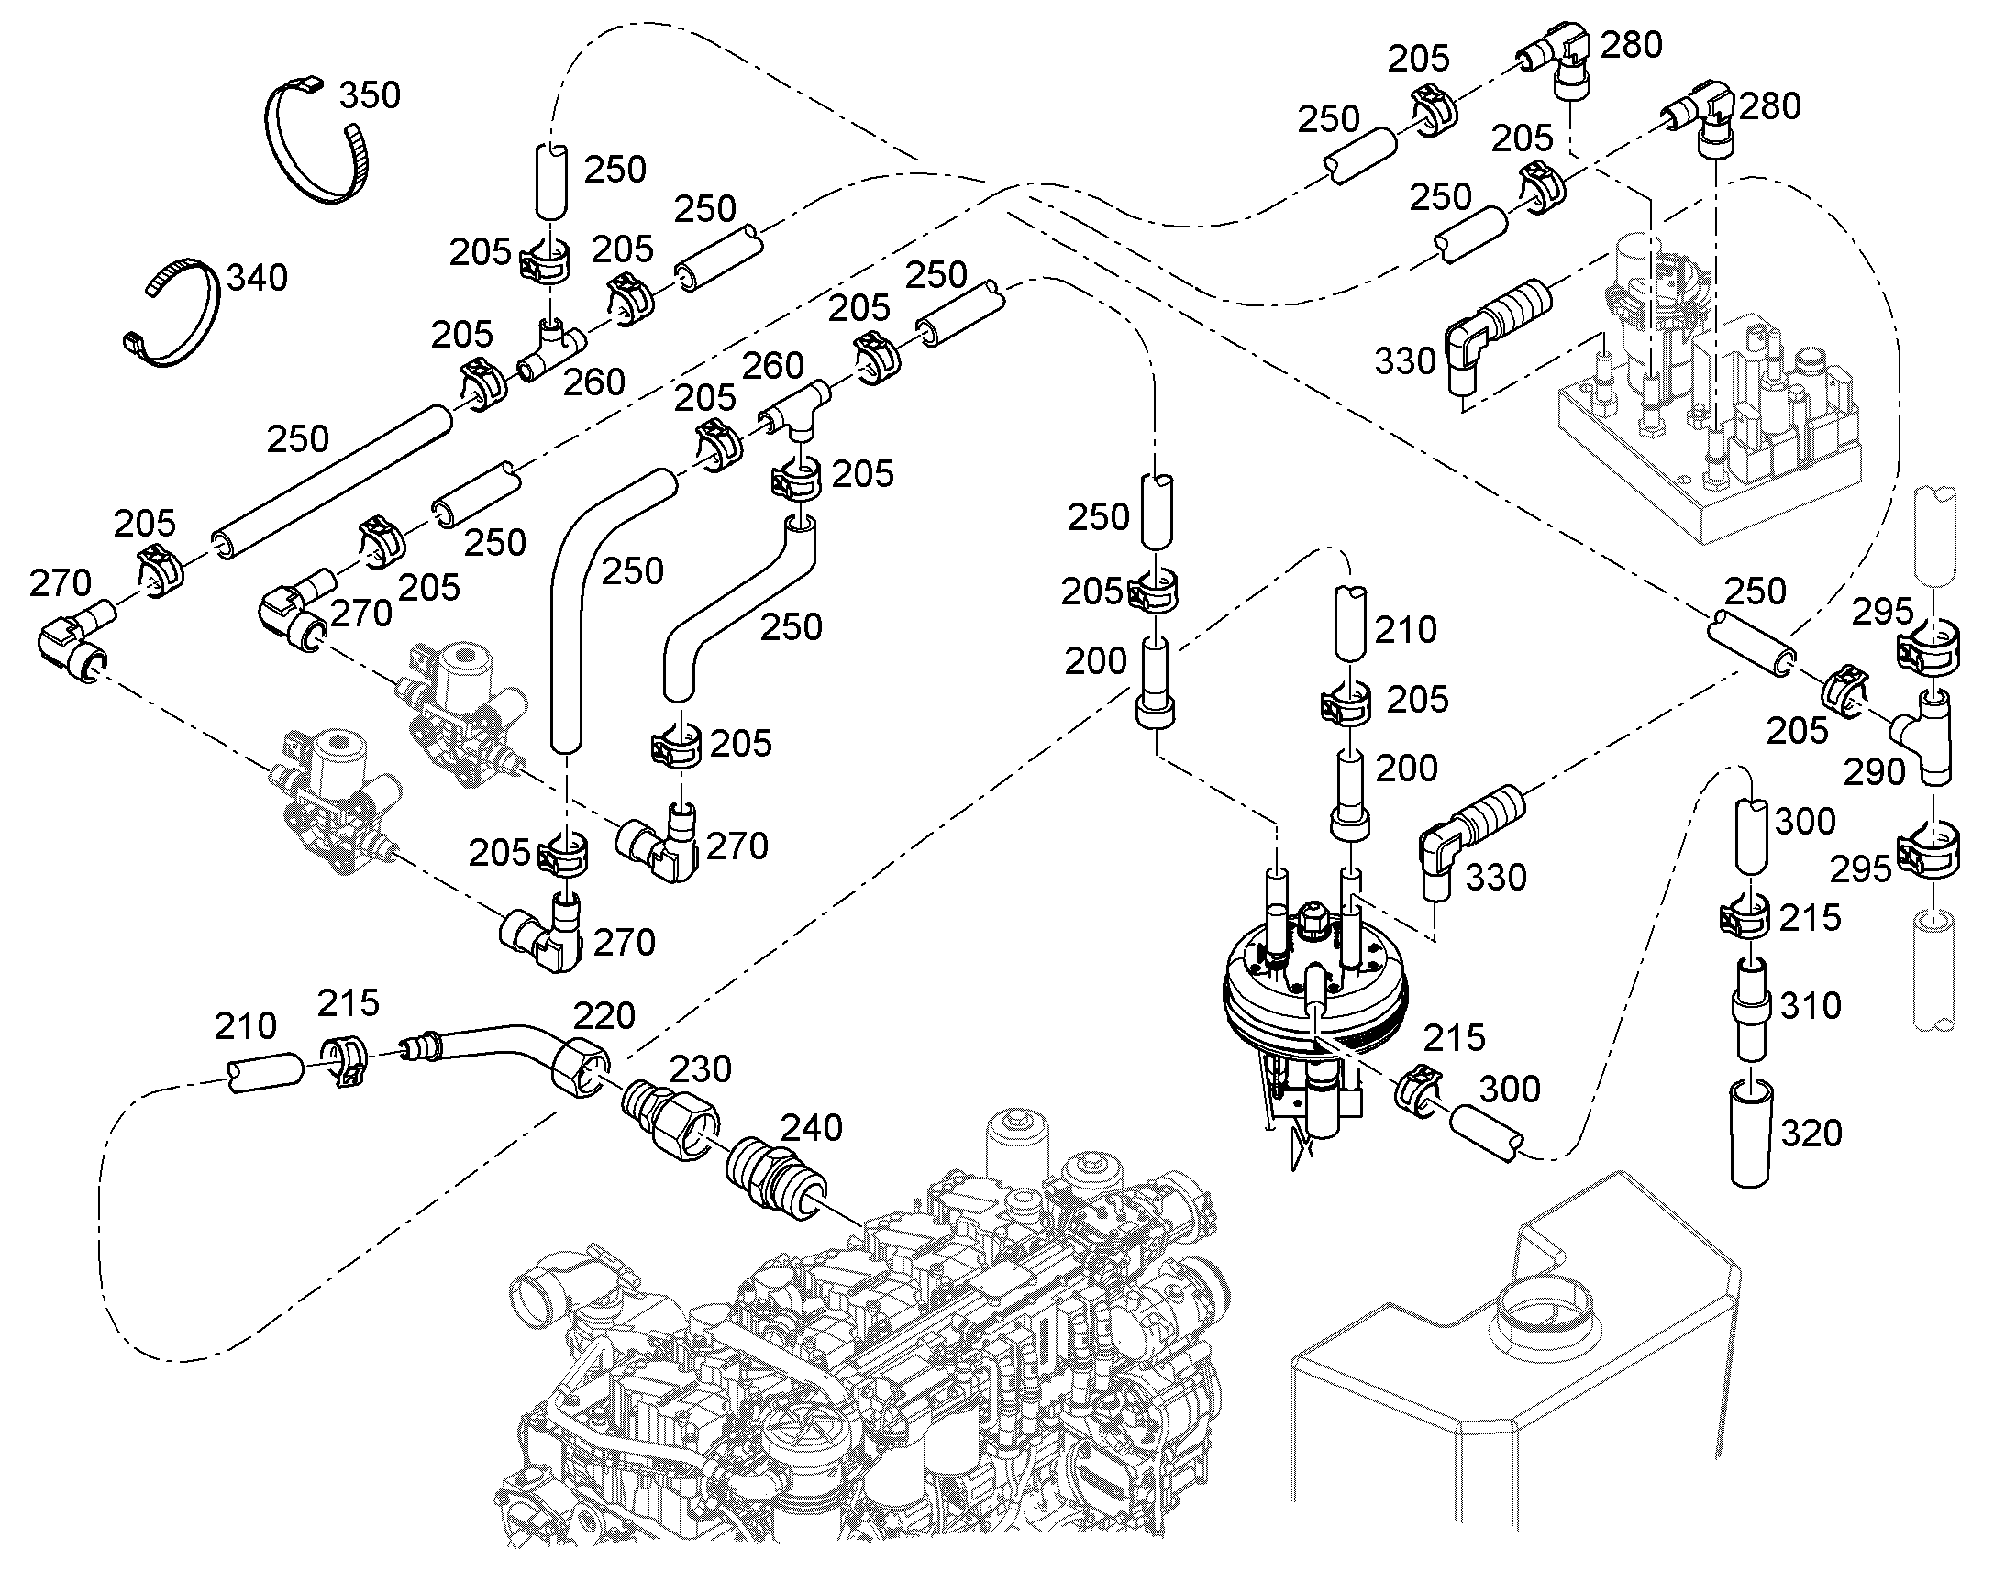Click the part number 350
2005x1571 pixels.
(x=370, y=94)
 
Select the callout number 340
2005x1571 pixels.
(x=258, y=277)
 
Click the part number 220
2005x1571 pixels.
(x=604, y=1016)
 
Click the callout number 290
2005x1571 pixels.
(x=1875, y=771)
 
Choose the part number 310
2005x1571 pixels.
(x=1811, y=1006)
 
